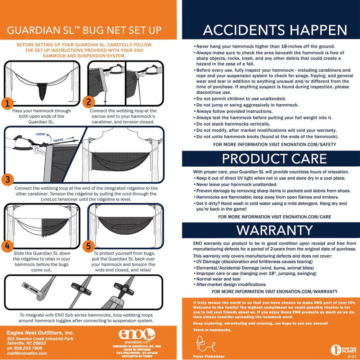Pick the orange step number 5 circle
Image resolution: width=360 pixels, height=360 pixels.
coord(89,246)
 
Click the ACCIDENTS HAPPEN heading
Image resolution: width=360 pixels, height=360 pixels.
coord(275,30)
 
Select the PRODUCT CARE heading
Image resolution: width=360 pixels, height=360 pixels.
coord(274,159)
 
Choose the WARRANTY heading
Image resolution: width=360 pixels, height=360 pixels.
coord(275,230)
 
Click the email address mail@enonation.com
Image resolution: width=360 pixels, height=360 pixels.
coord(27,353)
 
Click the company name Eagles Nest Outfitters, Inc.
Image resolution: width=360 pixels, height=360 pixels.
coord(40,332)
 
